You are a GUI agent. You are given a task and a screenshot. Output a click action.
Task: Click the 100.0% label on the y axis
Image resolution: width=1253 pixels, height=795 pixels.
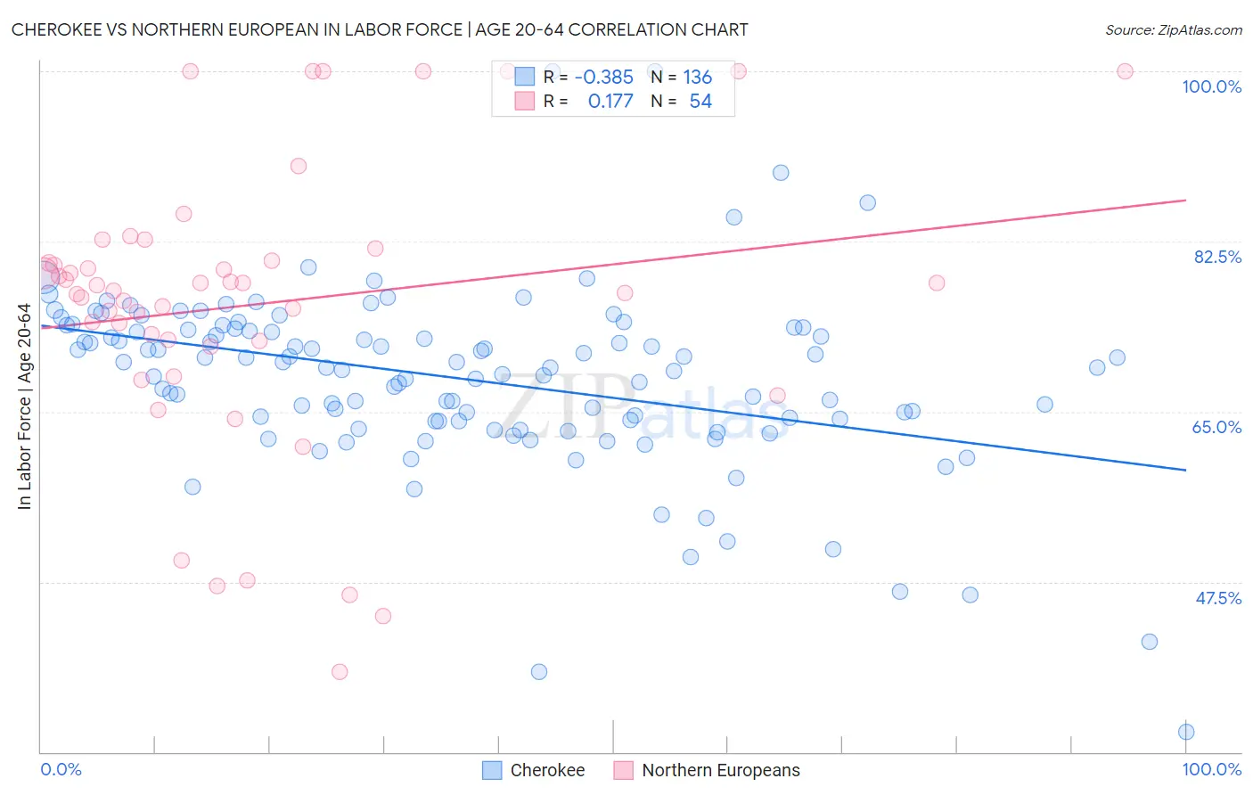(x=1211, y=86)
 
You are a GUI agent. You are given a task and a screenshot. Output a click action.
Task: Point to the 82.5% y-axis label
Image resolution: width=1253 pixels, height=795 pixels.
(x=1217, y=257)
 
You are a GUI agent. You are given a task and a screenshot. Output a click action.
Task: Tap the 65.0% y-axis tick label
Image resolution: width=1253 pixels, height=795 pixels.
(x=1216, y=427)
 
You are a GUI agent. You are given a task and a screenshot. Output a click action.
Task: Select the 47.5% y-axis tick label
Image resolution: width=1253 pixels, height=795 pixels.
(x=1218, y=598)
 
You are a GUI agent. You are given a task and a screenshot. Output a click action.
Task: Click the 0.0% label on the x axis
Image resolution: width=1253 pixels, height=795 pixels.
(x=61, y=769)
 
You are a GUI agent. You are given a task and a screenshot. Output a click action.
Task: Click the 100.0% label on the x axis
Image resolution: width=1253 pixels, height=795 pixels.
(x=1211, y=769)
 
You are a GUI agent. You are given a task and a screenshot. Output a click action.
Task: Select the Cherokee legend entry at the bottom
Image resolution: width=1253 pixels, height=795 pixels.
(x=533, y=770)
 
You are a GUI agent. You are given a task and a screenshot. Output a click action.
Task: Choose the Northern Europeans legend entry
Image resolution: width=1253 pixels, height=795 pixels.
(x=707, y=770)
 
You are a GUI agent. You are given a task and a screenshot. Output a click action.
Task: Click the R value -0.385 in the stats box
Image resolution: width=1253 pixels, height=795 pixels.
(x=603, y=78)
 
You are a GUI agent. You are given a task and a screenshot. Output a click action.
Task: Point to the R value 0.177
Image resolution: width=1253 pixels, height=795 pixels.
(x=610, y=102)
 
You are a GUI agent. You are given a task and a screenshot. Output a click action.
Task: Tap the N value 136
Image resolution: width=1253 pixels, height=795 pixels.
(x=697, y=78)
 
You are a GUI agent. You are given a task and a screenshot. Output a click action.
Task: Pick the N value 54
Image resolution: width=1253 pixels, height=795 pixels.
(x=700, y=102)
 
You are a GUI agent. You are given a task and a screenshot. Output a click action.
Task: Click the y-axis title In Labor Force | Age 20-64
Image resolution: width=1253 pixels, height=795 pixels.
(x=25, y=406)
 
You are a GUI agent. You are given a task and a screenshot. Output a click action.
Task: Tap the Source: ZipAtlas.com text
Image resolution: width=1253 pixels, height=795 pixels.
(x=1173, y=29)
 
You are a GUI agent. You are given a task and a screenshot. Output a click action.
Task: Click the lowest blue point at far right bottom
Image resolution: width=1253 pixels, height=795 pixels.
(x=1186, y=732)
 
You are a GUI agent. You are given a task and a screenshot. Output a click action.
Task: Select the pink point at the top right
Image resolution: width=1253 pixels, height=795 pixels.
(x=1125, y=71)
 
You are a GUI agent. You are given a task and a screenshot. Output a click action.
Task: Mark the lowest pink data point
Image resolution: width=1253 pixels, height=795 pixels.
(x=340, y=672)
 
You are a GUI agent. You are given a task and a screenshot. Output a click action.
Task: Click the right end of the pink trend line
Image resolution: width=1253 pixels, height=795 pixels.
(x=1185, y=201)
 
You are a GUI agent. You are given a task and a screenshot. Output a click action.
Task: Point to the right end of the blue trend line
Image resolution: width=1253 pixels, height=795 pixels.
(x=1185, y=470)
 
